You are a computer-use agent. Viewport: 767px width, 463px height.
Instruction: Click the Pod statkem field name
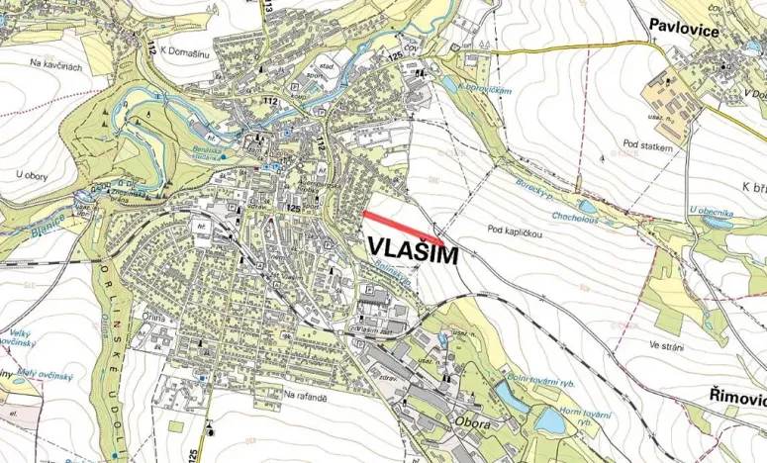pyautogui.click(x=648, y=146)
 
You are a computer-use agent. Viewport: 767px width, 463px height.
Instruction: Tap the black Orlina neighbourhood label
pyautogui.click(x=151, y=318)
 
